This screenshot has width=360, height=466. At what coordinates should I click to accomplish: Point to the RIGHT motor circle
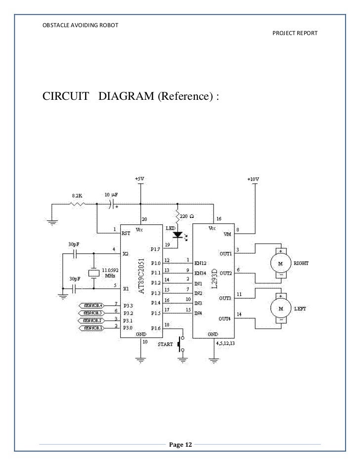click(281, 263)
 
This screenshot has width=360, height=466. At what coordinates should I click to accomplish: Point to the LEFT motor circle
click(281, 308)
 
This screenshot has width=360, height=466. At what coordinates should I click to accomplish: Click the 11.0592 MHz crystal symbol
click(92, 273)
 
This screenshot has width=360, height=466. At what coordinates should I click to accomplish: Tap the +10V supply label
click(253, 179)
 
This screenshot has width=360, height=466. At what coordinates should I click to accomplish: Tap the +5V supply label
click(140, 178)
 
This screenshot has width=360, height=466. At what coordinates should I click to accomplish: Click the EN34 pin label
click(201, 273)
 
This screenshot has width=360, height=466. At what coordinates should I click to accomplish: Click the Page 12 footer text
click(180, 445)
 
